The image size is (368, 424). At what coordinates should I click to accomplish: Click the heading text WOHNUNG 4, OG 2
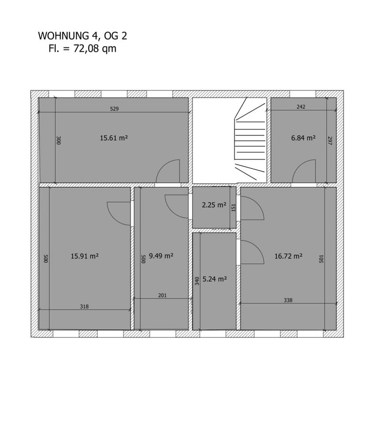83,36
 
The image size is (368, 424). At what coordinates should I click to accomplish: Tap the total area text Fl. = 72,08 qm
83,49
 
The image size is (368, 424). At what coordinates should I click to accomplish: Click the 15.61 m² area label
114,138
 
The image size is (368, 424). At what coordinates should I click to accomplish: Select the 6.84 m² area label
304,138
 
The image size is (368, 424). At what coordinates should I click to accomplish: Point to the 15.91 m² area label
85,256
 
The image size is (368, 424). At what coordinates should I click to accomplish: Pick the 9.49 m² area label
161,256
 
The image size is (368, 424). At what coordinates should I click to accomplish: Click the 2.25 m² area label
214,205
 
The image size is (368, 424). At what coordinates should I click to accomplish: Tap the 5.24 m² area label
215,279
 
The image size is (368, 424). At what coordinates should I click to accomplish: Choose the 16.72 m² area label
288,256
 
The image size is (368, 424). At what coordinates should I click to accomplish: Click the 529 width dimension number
114,109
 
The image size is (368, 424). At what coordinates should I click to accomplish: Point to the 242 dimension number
301,106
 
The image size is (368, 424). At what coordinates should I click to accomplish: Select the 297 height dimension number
330,140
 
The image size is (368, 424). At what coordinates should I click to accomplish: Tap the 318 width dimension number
84,307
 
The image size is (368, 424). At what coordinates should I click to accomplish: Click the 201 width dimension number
162,295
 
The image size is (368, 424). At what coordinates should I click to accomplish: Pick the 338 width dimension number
288,300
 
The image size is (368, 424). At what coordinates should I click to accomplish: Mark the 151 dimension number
234,208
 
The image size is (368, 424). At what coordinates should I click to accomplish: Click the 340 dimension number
197,281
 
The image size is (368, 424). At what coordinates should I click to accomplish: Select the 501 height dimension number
321,259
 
